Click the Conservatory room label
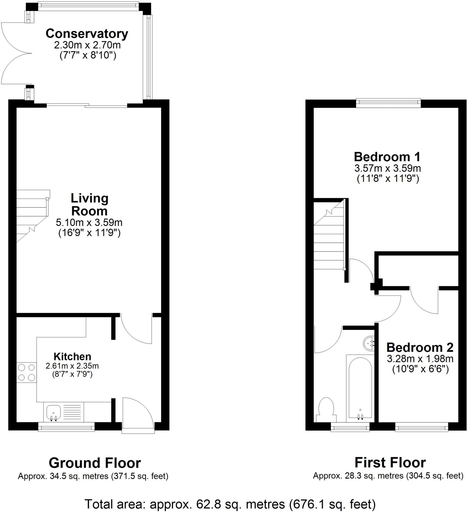[87, 34]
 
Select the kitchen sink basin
[53, 412]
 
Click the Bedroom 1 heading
[387, 157]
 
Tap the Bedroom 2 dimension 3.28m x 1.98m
[420, 358]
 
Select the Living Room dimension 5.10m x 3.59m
[89, 222]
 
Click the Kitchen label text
[72, 356]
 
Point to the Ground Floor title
[95, 463]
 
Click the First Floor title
[390, 463]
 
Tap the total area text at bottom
[230, 504]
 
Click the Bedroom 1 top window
[388, 102]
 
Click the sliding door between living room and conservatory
[87, 105]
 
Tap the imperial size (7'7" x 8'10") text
[88, 55]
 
